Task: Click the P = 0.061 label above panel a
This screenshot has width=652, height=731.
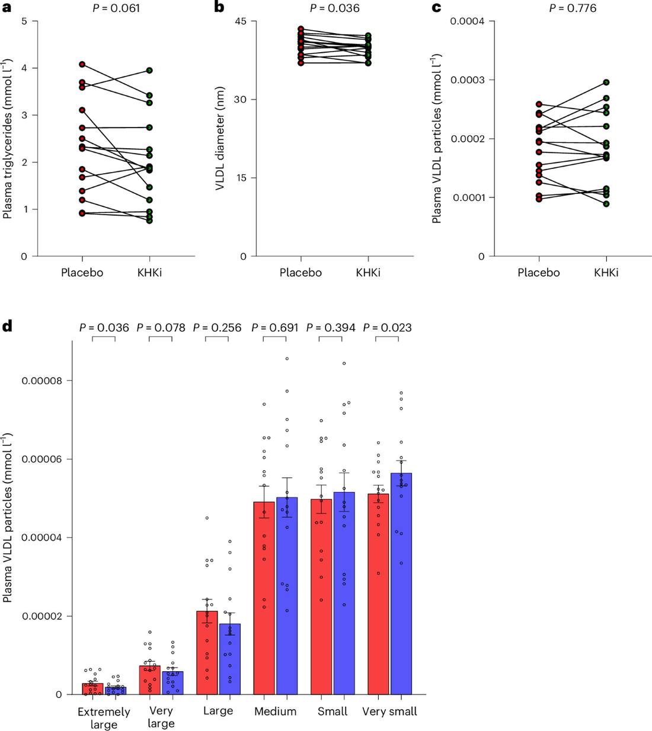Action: pos(116,8)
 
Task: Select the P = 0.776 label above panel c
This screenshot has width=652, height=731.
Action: pos(573,8)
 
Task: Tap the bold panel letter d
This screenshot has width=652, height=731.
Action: pos(7,327)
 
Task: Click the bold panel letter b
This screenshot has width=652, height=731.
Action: pos(219,7)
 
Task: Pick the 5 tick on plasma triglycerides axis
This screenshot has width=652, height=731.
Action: pos(24,21)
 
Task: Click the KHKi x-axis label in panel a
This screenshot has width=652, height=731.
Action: pos(149,272)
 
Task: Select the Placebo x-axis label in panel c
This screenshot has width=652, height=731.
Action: pos(539,272)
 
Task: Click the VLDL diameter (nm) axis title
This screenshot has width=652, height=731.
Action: pos(220,138)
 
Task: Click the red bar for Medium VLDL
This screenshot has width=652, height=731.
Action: pos(264,598)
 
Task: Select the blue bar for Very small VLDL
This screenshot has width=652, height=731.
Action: pos(401,583)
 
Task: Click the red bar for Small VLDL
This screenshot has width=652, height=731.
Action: pos(321,597)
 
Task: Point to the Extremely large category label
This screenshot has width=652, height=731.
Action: pos(104,718)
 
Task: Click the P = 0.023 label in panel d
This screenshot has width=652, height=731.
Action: pos(387,328)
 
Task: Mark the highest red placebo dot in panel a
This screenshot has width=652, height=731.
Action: pos(82,64)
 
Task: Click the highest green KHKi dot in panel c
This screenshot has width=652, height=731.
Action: pos(606,82)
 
